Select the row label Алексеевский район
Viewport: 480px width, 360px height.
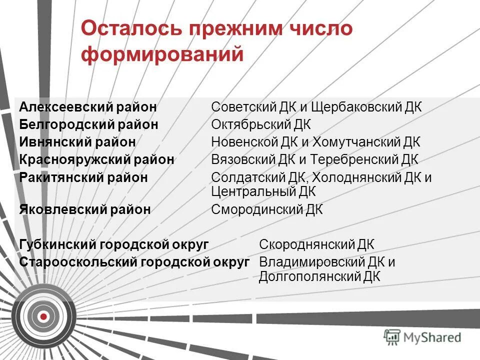(88, 107)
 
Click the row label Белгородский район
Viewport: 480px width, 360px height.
(89, 124)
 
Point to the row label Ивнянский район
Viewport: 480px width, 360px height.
(77, 142)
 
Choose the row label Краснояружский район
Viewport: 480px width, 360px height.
(97, 160)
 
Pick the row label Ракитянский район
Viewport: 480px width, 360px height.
(83, 177)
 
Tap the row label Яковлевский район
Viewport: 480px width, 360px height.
(85, 209)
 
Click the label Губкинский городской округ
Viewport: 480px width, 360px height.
(114, 244)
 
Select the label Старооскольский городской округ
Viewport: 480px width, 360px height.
(134, 262)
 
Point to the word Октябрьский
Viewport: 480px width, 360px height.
(249, 124)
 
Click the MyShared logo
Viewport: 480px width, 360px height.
(422, 337)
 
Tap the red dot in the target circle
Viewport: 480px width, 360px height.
(43, 316)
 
